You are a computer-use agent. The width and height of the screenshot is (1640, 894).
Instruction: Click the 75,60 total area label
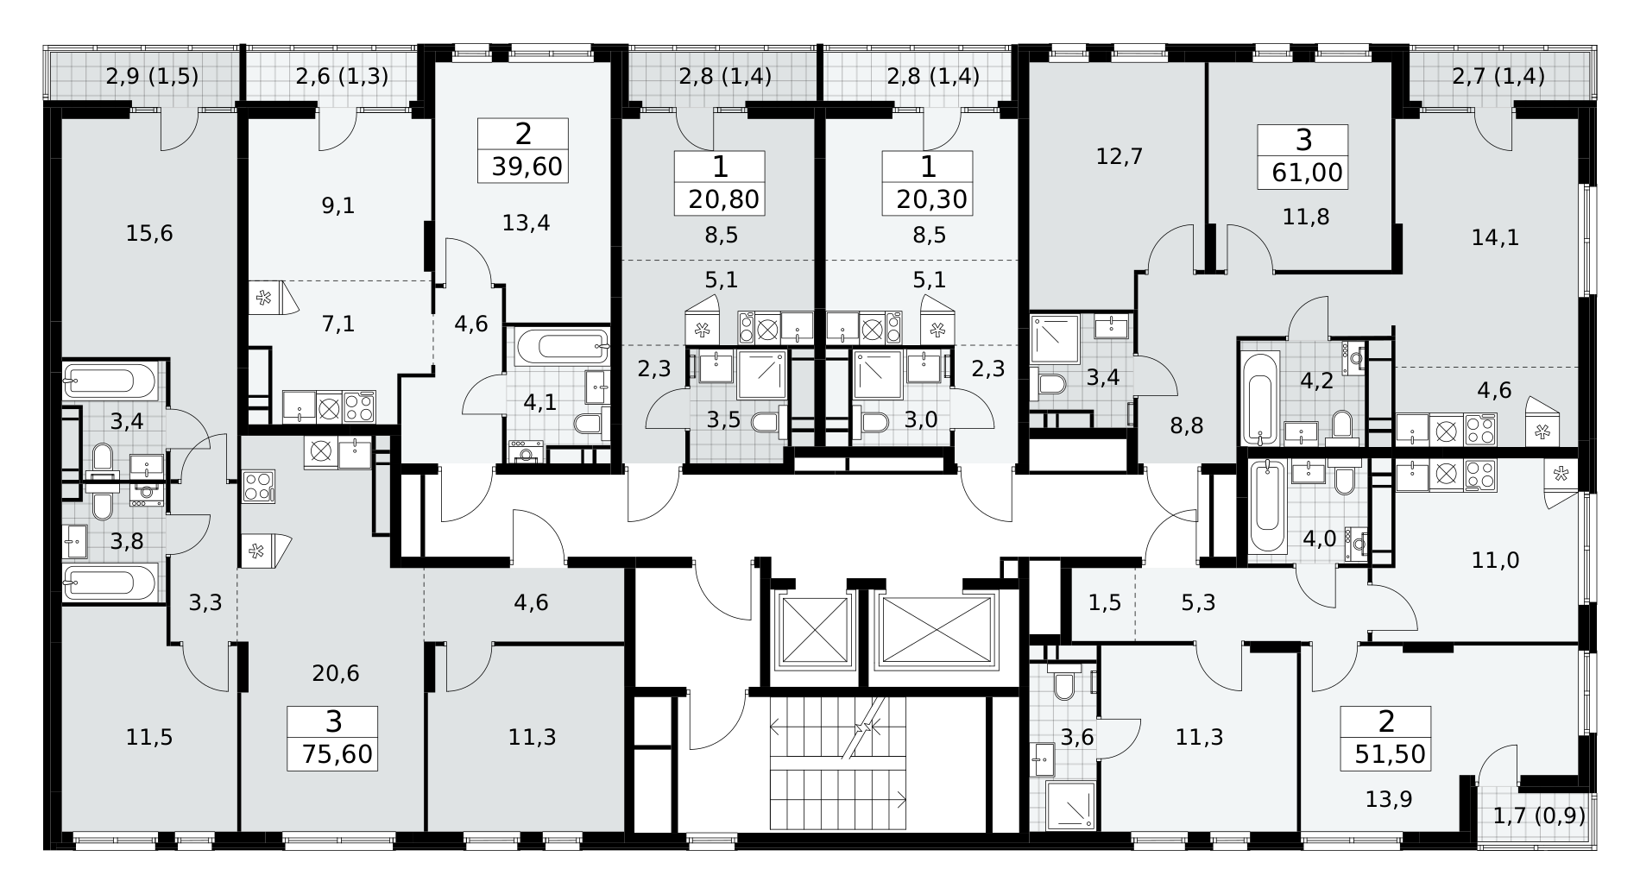(x=337, y=755)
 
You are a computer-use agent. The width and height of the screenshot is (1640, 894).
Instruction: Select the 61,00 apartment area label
(x=1307, y=173)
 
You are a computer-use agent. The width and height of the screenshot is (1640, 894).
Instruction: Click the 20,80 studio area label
(x=723, y=199)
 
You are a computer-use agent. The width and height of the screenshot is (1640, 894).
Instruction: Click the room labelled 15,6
(x=149, y=233)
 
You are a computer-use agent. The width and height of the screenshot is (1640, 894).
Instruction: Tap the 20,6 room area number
(x=336, y=673)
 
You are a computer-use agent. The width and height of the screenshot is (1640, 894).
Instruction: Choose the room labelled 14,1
(x=1494, y=237)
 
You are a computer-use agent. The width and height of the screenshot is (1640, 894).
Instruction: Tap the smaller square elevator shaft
(x=814, y=630)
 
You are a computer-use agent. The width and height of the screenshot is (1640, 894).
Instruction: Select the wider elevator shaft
(x=937, y=630)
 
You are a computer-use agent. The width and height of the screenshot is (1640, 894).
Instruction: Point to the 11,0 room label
(x=1495, y=561)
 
